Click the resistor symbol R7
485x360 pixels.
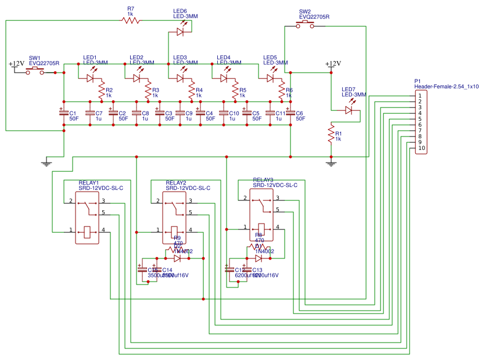pos(131,20)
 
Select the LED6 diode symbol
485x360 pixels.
pos(181,32)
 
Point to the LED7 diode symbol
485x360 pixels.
pos(349,109)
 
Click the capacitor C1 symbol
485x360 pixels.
pos(64,114)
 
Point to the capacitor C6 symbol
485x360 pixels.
pos(290,114)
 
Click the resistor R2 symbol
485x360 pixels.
pos(102,90)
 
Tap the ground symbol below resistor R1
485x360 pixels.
pos(331,163)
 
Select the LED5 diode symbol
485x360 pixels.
pos(271,77)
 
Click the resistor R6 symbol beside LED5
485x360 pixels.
pos(282,90)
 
